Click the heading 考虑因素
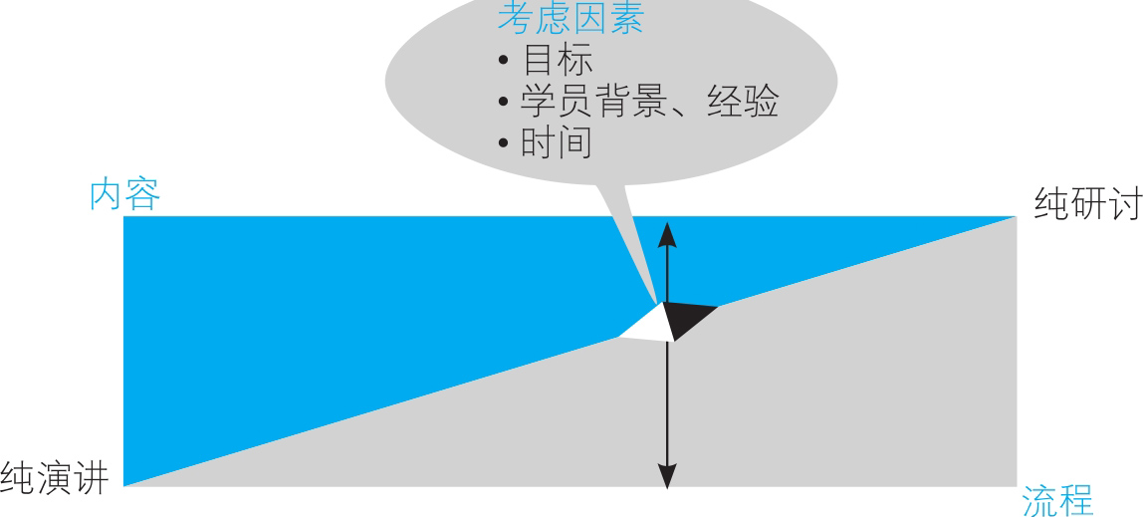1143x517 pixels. click(x=571, y=18)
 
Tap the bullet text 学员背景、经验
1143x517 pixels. click(x=650, y=102)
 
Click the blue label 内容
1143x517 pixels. click(x=124, y=194)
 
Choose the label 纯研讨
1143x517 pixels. click(x=1087, y=203)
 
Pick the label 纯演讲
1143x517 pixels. click(x=55, y=478)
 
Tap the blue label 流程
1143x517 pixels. click(x=1057, y=500)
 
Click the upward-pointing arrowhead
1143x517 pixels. click(x=667, y=235)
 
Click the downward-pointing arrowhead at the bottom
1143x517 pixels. click(x=667, y=476)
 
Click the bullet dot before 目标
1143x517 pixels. click(x=503, y=61)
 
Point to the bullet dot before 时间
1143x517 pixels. click(x=503, y=142)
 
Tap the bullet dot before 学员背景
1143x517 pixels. click(x=503, y=102)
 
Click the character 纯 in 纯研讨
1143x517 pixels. click(x=1051, y=203)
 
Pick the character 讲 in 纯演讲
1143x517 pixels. click(x=92, y=478)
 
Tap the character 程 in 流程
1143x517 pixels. click(x=1076, y=500)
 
